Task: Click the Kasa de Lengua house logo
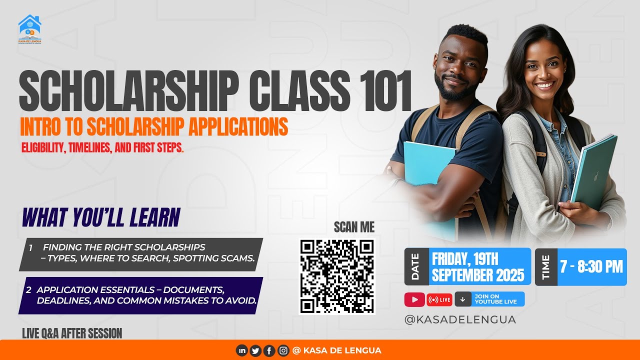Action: pos(29,28)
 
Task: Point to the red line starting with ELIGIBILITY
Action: pos(102,148)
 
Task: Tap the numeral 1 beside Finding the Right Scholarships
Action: pos(30,247)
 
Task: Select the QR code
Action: pos(337,276)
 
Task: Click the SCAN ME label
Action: pos(354,228)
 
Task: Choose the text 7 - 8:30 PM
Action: pos(591,266)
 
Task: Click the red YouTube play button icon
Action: pos(414,299)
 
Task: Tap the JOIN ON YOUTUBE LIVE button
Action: pos(490,299)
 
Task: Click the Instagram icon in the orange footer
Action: pos(283,350)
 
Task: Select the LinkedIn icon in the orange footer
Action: pos(242,350)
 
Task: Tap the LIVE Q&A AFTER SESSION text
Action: pos(72,333)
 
